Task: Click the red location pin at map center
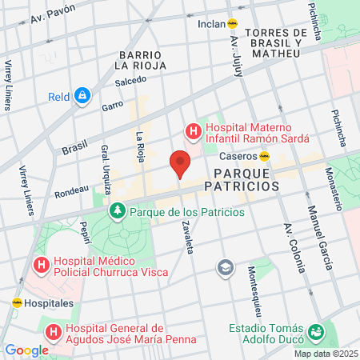coord(180,163)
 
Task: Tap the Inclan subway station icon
coord(233,23)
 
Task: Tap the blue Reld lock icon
coord(82,97)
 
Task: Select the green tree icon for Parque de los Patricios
coord(117,211)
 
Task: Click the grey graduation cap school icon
coord(226,266)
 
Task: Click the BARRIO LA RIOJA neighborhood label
coord(140,58)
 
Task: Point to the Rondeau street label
coord(72,192)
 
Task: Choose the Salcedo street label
coord(130,81)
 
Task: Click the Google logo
coord(26,350)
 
